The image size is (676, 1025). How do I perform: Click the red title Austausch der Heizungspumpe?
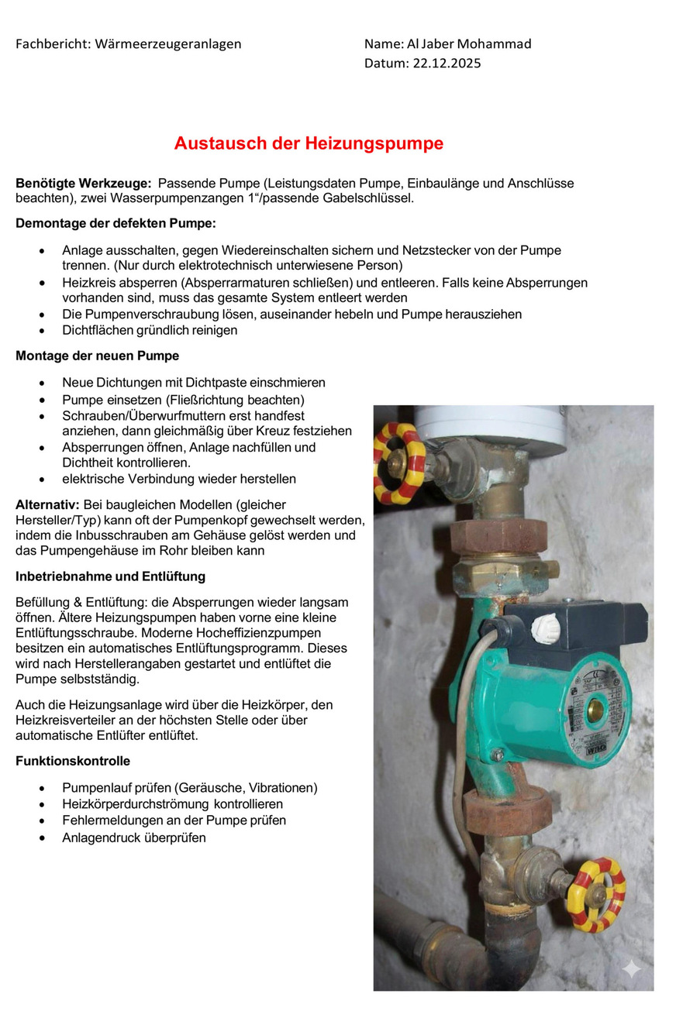click(309, 143)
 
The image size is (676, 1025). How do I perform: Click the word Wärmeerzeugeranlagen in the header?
click(168, 44)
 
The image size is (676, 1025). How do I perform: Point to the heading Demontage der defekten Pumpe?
click(116, 224)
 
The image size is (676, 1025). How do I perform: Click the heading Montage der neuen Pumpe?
click(97, 356)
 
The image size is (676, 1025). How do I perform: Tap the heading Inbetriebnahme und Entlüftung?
click(110, 577)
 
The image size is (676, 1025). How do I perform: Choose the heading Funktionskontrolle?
click(73, 762)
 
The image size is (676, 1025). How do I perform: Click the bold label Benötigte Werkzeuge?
click(83, 184)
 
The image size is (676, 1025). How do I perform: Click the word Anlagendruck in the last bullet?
click(100, 838)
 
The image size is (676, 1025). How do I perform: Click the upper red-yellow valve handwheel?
click(398, 463)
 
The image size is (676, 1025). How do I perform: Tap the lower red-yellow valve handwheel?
click(595, 894)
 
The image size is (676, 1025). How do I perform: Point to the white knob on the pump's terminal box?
click(547, 628)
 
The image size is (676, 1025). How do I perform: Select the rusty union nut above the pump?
click(498, 536)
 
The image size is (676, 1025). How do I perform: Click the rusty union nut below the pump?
click(509, 810)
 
